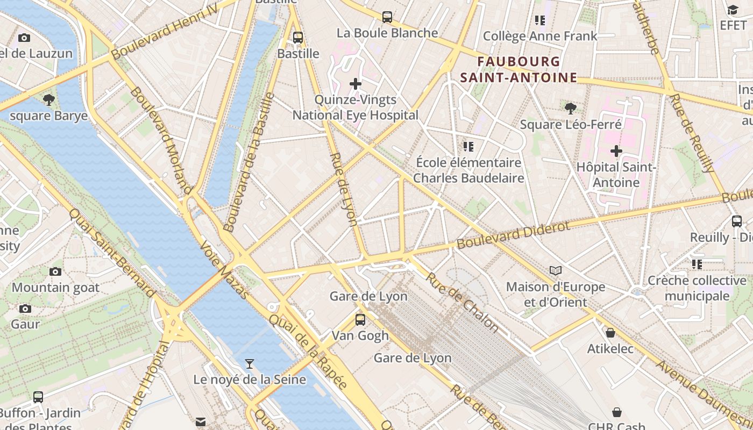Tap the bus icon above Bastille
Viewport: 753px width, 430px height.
coord(297,38)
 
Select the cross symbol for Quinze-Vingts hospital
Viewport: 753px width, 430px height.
coord(356,83)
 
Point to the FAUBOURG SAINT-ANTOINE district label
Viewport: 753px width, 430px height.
coord(518,70)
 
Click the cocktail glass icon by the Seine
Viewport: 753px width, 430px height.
coord(249,364)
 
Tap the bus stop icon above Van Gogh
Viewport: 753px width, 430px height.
coord(360,319)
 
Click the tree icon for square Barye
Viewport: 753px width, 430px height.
coord(48,99)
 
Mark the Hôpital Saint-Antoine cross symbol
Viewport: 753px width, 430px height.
coord(616,151)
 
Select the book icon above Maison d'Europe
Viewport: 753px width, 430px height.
coord(556,270)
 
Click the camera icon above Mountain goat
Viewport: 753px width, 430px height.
coord(55,271)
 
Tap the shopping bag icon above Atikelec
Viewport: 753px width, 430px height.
coord(610,333)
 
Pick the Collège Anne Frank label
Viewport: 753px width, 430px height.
coord(540,36)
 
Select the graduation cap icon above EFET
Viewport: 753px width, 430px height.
coord(733,10)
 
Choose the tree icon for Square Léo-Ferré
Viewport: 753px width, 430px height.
coord(571,109)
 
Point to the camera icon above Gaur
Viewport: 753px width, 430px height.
coord(25,309)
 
